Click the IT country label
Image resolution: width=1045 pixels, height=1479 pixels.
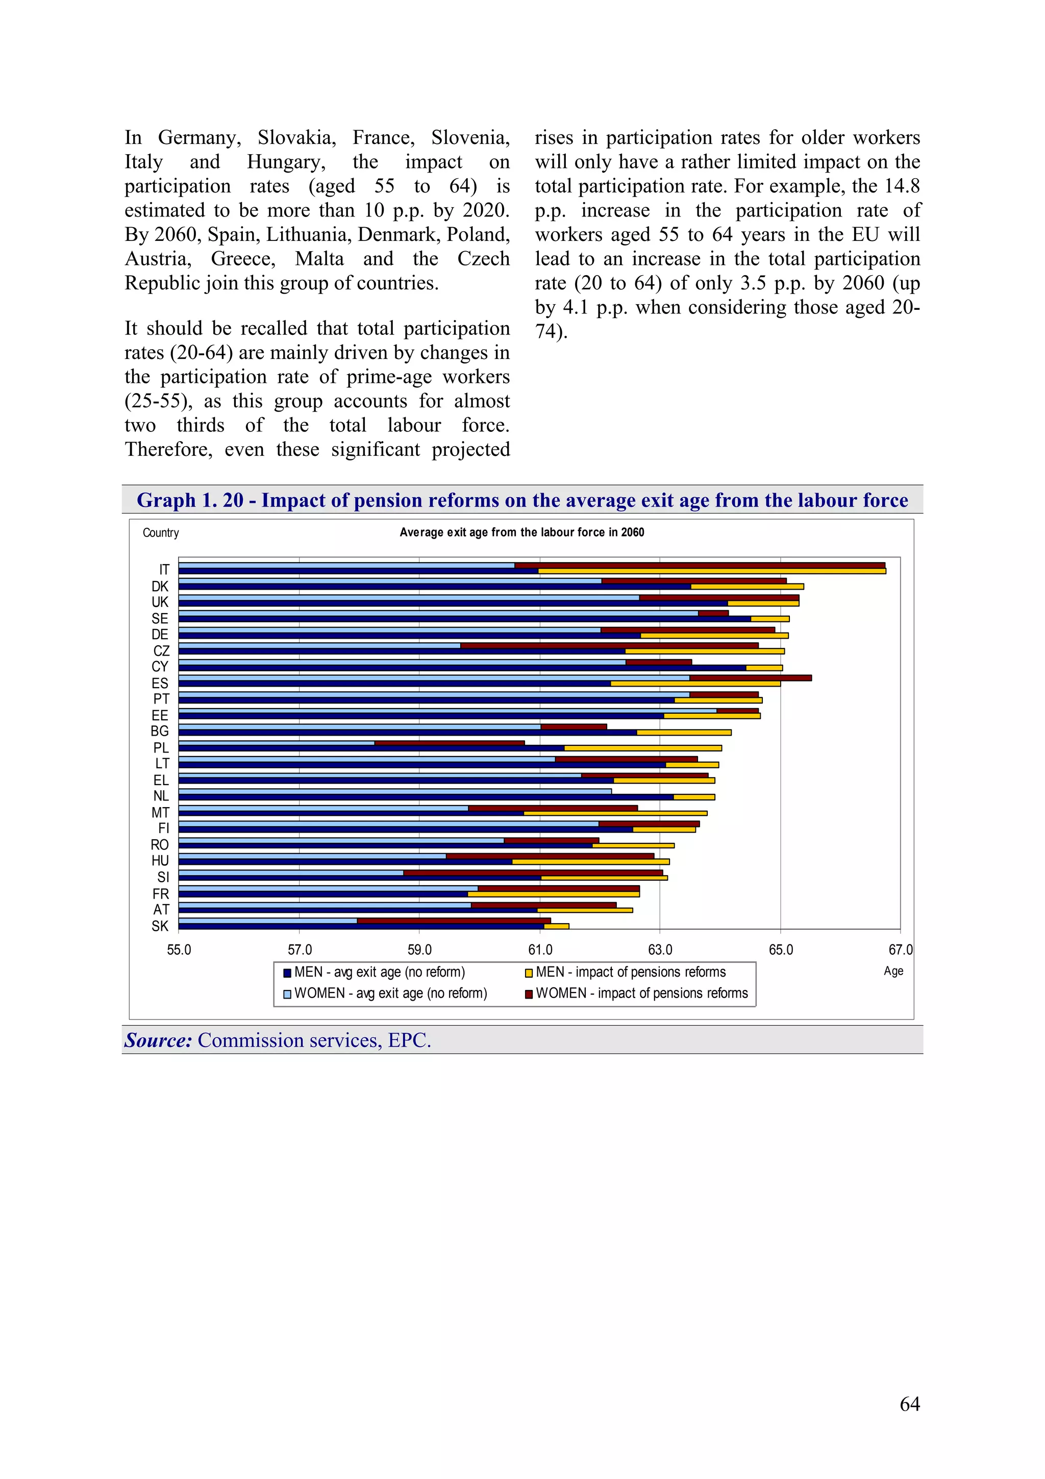164,569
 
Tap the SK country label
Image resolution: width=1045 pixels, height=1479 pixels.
160,926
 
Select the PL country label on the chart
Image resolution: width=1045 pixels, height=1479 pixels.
160,748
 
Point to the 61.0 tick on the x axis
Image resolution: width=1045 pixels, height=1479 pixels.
539,950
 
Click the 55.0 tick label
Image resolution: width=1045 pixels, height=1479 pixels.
179,950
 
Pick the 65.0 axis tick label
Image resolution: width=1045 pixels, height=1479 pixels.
780,950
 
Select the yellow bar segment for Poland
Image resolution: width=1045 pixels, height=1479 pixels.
642,748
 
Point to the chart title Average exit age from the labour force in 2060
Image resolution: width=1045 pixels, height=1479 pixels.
521,532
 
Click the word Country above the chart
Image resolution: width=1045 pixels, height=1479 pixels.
160,532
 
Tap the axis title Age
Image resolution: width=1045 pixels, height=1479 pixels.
893,971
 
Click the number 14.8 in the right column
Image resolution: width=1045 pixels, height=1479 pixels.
902,186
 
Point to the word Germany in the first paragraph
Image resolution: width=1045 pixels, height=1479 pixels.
199,138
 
